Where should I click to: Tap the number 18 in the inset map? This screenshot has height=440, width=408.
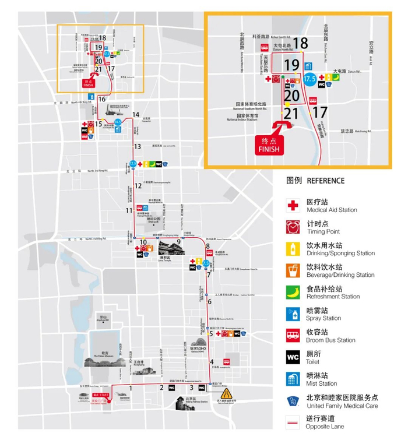click(301, 43)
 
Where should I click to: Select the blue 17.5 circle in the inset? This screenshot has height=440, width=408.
click(309, 78)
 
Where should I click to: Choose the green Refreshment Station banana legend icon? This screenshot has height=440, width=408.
click(293, 292)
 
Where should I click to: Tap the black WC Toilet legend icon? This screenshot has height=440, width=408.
click(293, 357)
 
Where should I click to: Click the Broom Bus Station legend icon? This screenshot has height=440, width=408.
click(293, 335)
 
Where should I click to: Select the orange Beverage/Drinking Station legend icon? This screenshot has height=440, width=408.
click(293, 270)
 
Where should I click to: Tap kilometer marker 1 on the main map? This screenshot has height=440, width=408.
click(131, 388)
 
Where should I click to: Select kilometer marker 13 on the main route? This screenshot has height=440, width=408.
click(138, 146)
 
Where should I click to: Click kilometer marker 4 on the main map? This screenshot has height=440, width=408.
click(212, 362)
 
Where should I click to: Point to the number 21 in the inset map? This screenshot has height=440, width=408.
click(292, 113)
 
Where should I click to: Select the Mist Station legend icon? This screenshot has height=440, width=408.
click(293, 378)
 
